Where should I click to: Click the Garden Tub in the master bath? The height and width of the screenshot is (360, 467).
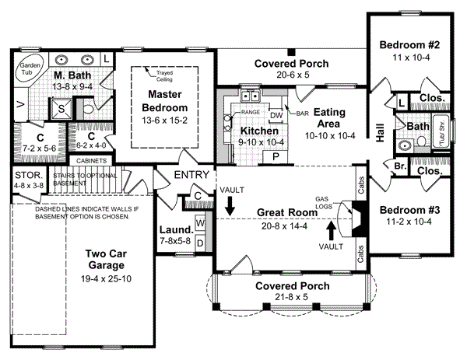tap(30, 66)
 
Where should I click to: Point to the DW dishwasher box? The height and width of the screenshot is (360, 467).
tap(276, 114)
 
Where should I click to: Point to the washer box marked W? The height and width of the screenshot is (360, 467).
tap(199, 224)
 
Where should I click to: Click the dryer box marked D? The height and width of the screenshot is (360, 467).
tap(199, 242)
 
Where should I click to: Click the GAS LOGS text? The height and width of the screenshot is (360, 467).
tap(328, 204)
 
